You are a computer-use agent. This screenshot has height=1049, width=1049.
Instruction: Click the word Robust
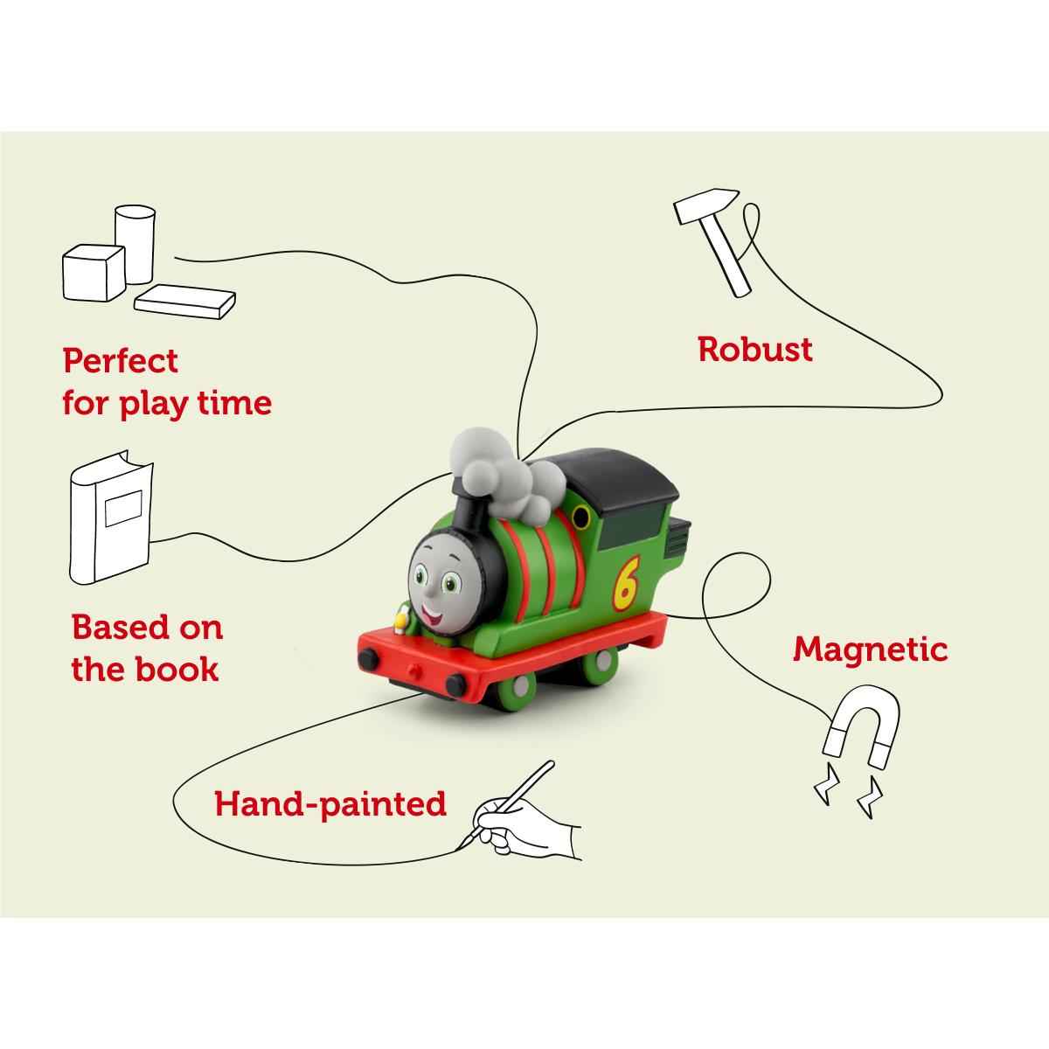tap(755, 350)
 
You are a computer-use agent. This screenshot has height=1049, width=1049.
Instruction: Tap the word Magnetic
tap(870, 650)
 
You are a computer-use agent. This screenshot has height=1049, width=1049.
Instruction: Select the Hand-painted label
tap(330, 802)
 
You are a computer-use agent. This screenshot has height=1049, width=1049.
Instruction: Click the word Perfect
tap(121, 360)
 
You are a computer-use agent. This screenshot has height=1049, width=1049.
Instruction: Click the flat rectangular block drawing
tap(185, 302)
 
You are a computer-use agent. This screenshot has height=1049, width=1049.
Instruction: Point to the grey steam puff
tap(507, 473)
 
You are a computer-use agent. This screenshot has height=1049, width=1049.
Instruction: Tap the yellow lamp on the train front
tap(400, 622)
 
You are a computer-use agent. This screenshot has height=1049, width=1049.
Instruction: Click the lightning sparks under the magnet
tap(848, 791)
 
